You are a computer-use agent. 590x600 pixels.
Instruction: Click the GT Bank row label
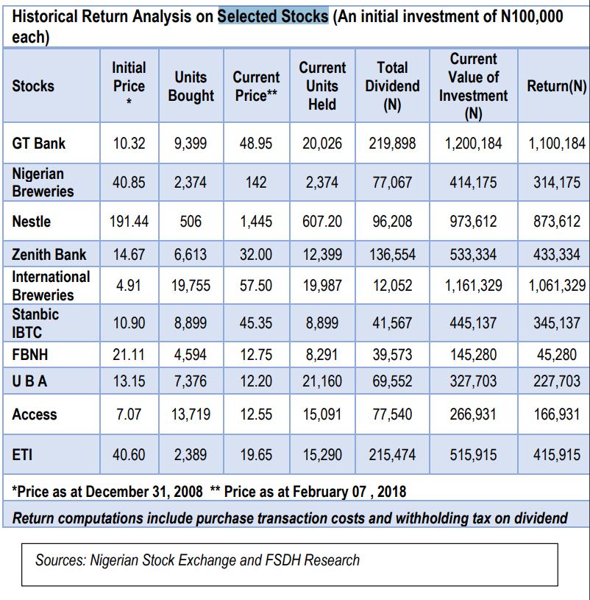coord(38,144)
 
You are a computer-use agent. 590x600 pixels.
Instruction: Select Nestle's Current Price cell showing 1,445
coord(256,222)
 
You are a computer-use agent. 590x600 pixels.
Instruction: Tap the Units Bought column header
coord(191,86)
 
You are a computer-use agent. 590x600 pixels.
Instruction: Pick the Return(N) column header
coord(557,86)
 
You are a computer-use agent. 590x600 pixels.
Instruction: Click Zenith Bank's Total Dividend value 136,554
coord(392,255)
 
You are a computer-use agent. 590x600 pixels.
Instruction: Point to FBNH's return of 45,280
coord(557,355)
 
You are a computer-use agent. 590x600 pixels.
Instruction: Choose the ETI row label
coord(22,455)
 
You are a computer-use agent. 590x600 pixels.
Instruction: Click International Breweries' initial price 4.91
coord(129,286)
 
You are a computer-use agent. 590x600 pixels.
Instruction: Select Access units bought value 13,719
coord(191,414)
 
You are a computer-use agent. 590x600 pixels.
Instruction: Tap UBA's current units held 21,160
coord(322,381)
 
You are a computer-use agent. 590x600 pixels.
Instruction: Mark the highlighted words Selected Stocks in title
coord(273,16)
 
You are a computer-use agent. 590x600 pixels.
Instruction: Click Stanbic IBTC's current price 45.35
coord(256,323)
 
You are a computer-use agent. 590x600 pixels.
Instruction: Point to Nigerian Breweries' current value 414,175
coord(473,183)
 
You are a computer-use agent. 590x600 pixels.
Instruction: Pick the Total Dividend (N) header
coord(392,86)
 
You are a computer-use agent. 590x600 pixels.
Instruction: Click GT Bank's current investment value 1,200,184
coord(473,144)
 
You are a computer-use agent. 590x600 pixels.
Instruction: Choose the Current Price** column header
coord(256,86)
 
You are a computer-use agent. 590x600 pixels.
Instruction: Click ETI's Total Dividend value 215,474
coord(392,455)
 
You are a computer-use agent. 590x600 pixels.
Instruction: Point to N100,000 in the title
coord(532,16)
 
